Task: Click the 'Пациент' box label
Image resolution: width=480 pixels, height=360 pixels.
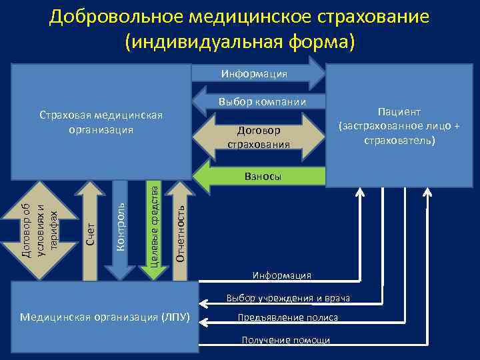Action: [399, 112]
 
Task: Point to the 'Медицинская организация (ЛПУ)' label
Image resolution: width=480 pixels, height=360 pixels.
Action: [105, 316]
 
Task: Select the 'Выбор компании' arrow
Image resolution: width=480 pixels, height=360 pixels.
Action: [260, 102]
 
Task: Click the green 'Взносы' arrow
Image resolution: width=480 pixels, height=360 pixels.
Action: [260, 177]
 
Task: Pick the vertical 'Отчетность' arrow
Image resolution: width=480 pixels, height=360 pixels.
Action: [179, 227]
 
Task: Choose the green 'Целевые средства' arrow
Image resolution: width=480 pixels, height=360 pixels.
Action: [153, 227]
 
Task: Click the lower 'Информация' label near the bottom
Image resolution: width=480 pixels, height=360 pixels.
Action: [281, 275]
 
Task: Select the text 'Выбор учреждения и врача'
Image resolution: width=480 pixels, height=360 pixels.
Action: [288, 297]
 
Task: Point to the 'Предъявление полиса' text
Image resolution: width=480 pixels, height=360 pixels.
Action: [288, 318]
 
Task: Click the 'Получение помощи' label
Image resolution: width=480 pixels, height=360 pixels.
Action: [285, 340]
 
